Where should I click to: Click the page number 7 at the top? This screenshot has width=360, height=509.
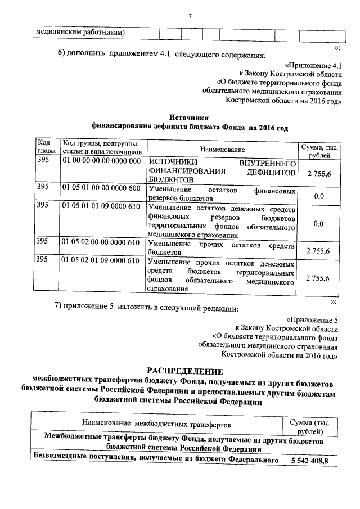coord(190,15)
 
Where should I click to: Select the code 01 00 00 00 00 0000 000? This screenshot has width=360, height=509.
coord(101,161)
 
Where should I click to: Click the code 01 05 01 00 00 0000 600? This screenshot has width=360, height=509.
coord(101,187)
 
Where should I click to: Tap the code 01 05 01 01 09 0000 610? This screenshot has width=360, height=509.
coord(101,208)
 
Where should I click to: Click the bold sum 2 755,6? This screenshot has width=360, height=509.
coord(319,174)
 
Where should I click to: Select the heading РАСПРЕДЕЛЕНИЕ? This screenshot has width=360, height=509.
coord(185,370)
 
